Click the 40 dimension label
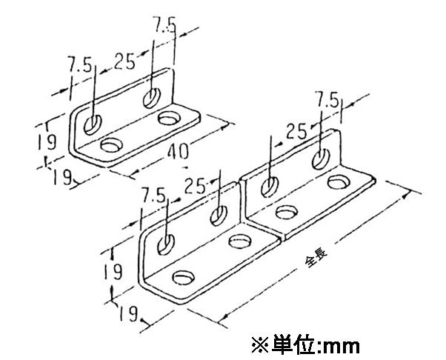(x=178, y=152)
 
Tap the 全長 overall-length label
(x=316, y=259)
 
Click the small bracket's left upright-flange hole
(x=93, y=125)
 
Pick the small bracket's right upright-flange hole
(x=152, y=99)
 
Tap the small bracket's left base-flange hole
(x=111, y=145)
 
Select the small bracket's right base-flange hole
(x=170, y=118)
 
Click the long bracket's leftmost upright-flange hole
(x=166, y=245)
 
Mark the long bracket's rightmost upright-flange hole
(x=321, y=159)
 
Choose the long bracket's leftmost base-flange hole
(x=184, y=278)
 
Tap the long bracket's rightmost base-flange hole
(x=339, y=182)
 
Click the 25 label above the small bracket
(x=124, y=61)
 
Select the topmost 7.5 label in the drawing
(x=164, y=24)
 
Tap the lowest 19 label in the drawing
(x=128, y=313)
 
